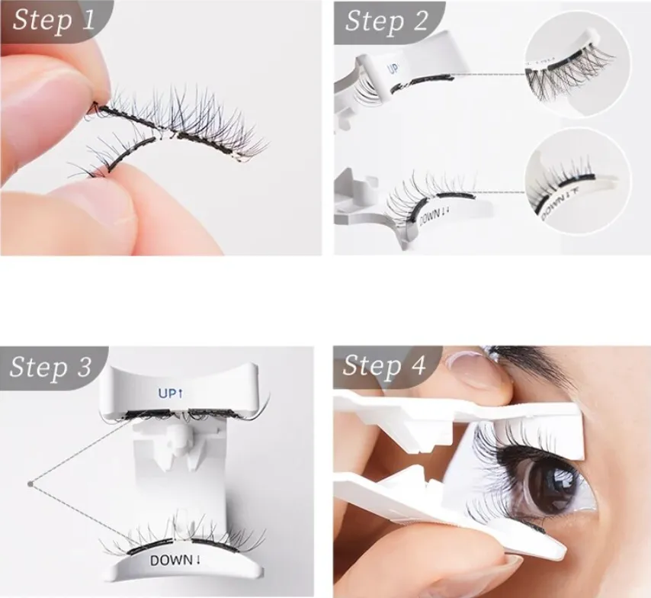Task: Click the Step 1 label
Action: point(53,20)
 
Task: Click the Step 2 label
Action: point(386,21)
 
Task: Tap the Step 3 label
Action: point(51,367)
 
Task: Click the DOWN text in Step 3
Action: point(175,560)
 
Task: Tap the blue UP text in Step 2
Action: point(394,68)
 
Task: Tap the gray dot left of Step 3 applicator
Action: point(30,482)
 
